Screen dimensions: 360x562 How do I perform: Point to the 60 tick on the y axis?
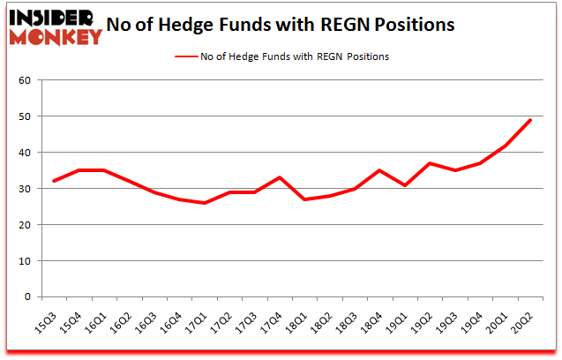pos(24,81)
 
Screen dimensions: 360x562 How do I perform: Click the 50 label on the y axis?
pos(24,117)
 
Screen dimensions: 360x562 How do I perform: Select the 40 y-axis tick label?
pos(24,153)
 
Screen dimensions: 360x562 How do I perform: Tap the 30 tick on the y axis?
pos(24,189)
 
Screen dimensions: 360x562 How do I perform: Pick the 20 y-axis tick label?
pos(24,225)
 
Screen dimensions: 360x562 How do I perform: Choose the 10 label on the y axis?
pos(24,261)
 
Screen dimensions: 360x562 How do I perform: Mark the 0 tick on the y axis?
pos(26,297)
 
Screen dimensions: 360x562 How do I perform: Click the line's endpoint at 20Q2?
pos(530,120)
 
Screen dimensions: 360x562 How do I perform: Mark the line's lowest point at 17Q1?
pos(204,203)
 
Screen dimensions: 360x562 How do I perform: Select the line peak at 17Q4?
pos(279,177)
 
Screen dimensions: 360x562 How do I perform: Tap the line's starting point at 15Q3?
pos(54,181)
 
